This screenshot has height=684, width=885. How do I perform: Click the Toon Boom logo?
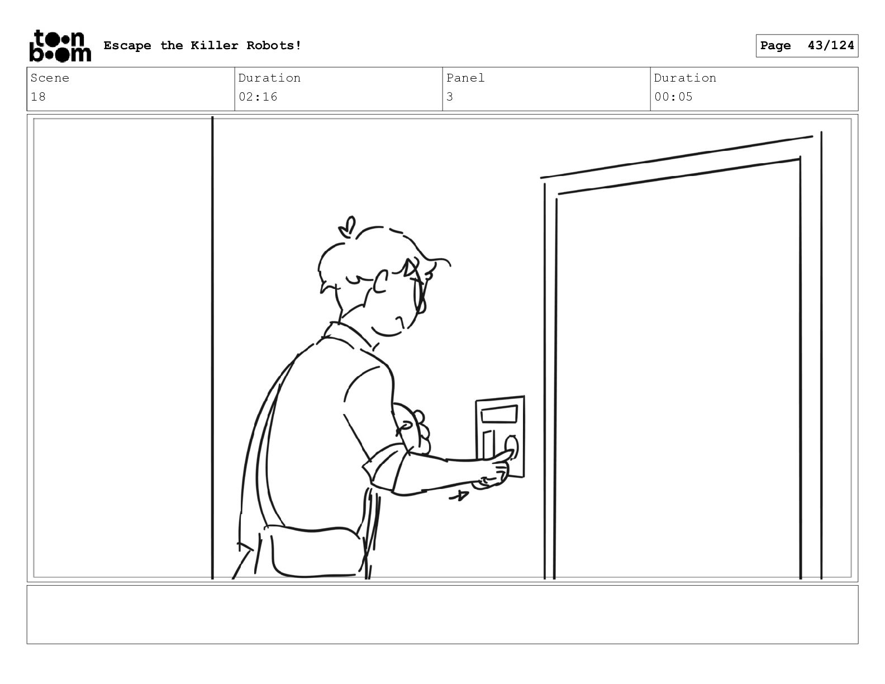[x=60, y=46]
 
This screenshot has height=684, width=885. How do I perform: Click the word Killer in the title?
[x=214, y=45]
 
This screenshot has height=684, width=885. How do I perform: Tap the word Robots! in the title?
[x=274, y=45]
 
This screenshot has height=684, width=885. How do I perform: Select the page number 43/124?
[x=830, y=45]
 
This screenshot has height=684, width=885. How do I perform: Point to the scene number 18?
[x=39, y=97]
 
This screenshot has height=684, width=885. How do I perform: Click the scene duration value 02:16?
[x=258, y=97]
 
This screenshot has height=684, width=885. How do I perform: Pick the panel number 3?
[x=450, y=97]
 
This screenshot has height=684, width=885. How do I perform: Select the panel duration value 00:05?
[x=673, y=97]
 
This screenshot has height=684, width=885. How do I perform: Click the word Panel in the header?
[x=465, y=78]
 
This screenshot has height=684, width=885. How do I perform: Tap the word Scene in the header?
[x=50, y=78]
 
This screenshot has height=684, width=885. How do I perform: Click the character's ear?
[x=381, y=282]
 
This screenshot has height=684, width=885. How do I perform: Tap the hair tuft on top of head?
[x=348, y=226]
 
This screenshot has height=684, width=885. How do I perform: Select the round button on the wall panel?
[x=512, y=447]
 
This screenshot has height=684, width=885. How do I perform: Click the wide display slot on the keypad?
[x=499, y=414]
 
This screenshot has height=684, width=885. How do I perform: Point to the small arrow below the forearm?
[x=459, y=496]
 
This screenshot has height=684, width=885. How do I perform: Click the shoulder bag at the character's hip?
[x=312, y=552]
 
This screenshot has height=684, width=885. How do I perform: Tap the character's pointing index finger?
[x=499, y=456]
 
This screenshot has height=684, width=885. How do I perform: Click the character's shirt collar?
[x=350, y=335]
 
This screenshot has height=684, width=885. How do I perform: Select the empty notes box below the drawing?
[x=442, y=614]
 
